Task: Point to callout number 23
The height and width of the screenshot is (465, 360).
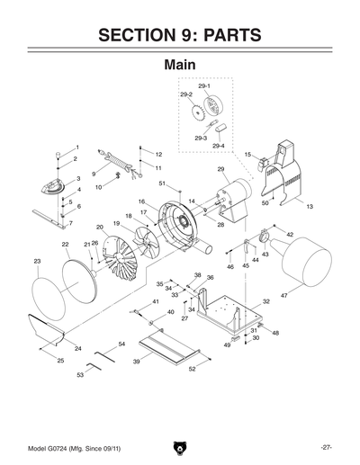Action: click(37, 262)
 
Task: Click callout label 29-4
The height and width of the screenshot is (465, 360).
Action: click(218, 145)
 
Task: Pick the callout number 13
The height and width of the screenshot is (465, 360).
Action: click(309, 208)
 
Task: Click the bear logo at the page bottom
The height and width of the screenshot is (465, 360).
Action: click(180, 447)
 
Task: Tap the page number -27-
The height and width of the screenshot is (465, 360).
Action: click(326, 447)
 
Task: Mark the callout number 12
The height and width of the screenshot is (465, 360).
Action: click(158, 155)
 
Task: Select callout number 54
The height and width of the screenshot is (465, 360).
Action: click(121, 344)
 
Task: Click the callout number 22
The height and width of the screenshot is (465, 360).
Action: click(66, 245)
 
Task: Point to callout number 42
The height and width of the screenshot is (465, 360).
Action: click(289, 234)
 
